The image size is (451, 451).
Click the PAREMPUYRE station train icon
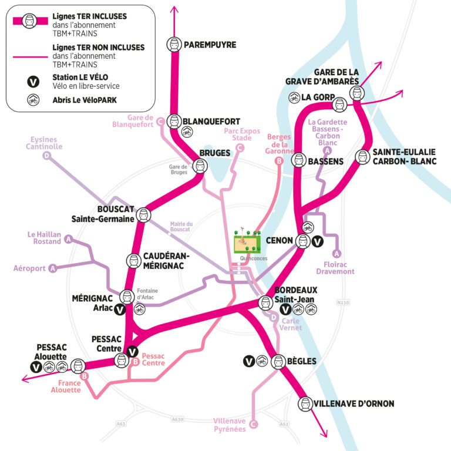pos(174,44)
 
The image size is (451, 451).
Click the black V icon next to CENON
pos(317,241)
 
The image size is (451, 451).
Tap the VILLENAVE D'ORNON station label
pos(354,404)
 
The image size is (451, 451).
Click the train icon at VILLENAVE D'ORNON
pos(305,403)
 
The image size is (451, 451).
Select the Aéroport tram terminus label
pos(29,268)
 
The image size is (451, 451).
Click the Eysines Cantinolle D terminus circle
pos(46,156)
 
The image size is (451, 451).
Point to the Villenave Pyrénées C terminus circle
pos(254,424)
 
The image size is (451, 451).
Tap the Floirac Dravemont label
pos(335,267)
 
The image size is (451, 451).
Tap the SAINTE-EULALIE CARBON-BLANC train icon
pos(363,157)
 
